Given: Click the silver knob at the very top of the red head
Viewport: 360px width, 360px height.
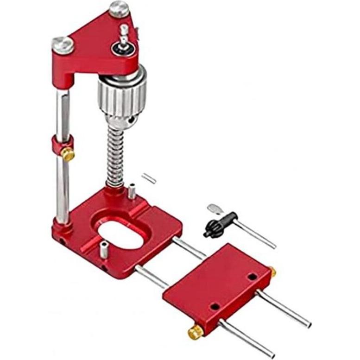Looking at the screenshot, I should point(119,9).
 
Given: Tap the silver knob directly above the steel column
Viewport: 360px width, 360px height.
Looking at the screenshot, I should point(63,44).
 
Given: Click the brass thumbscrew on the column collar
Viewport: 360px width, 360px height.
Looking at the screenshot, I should point(69,155).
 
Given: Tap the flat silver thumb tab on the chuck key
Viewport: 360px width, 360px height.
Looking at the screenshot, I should point(215,209).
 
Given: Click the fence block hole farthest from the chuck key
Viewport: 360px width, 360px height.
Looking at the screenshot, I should point(215,306).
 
